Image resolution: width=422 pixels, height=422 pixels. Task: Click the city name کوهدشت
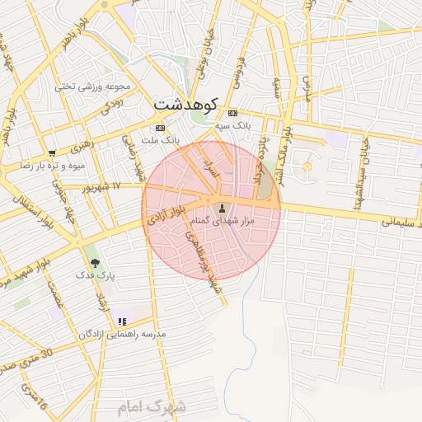pos(185,105)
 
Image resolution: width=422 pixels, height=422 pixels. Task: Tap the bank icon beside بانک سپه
pos(234,113)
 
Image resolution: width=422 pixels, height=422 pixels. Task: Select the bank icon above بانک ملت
pos(159,128)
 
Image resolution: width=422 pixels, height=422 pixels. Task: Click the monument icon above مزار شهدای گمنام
pos(222,205)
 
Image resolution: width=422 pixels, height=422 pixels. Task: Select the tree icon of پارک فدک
pos(94,263)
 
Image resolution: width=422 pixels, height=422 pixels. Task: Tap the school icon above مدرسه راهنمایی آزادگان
pos(122,321)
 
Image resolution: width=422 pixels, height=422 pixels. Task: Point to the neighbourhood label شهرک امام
pos(152,407)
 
